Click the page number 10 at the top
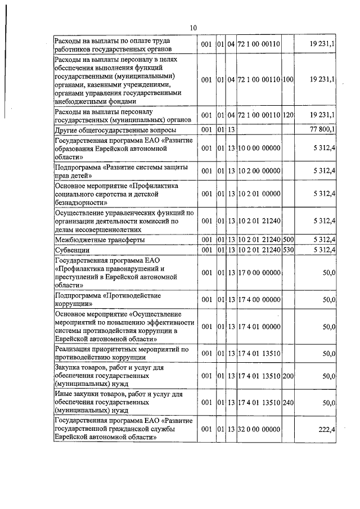(193, 28)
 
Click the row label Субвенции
(69, 249)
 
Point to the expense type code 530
(289, 249)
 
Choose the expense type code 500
(289, 240)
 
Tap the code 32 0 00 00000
(259, 429)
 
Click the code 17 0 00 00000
(259, 273)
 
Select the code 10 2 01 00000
(259, 193)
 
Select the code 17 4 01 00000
(259, 326)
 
